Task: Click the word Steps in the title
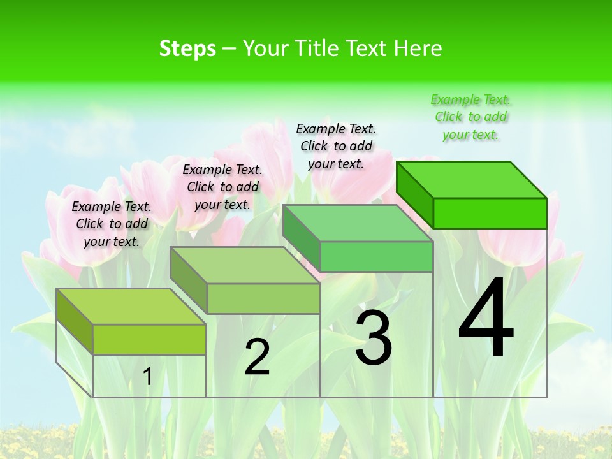coord(187,48)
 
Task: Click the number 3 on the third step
coord(374,338)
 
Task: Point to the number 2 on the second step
coord(257,357)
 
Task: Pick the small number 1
coord(148,377)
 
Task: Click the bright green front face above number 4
coord(490,213)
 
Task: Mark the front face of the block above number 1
coord(149,339)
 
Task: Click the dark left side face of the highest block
coord(414,194)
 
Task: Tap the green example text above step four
coord(470,117)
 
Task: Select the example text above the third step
coord(336,146)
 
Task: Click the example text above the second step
coord(222,187)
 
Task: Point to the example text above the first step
coord(112,224)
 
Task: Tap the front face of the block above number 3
coord(376,256)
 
